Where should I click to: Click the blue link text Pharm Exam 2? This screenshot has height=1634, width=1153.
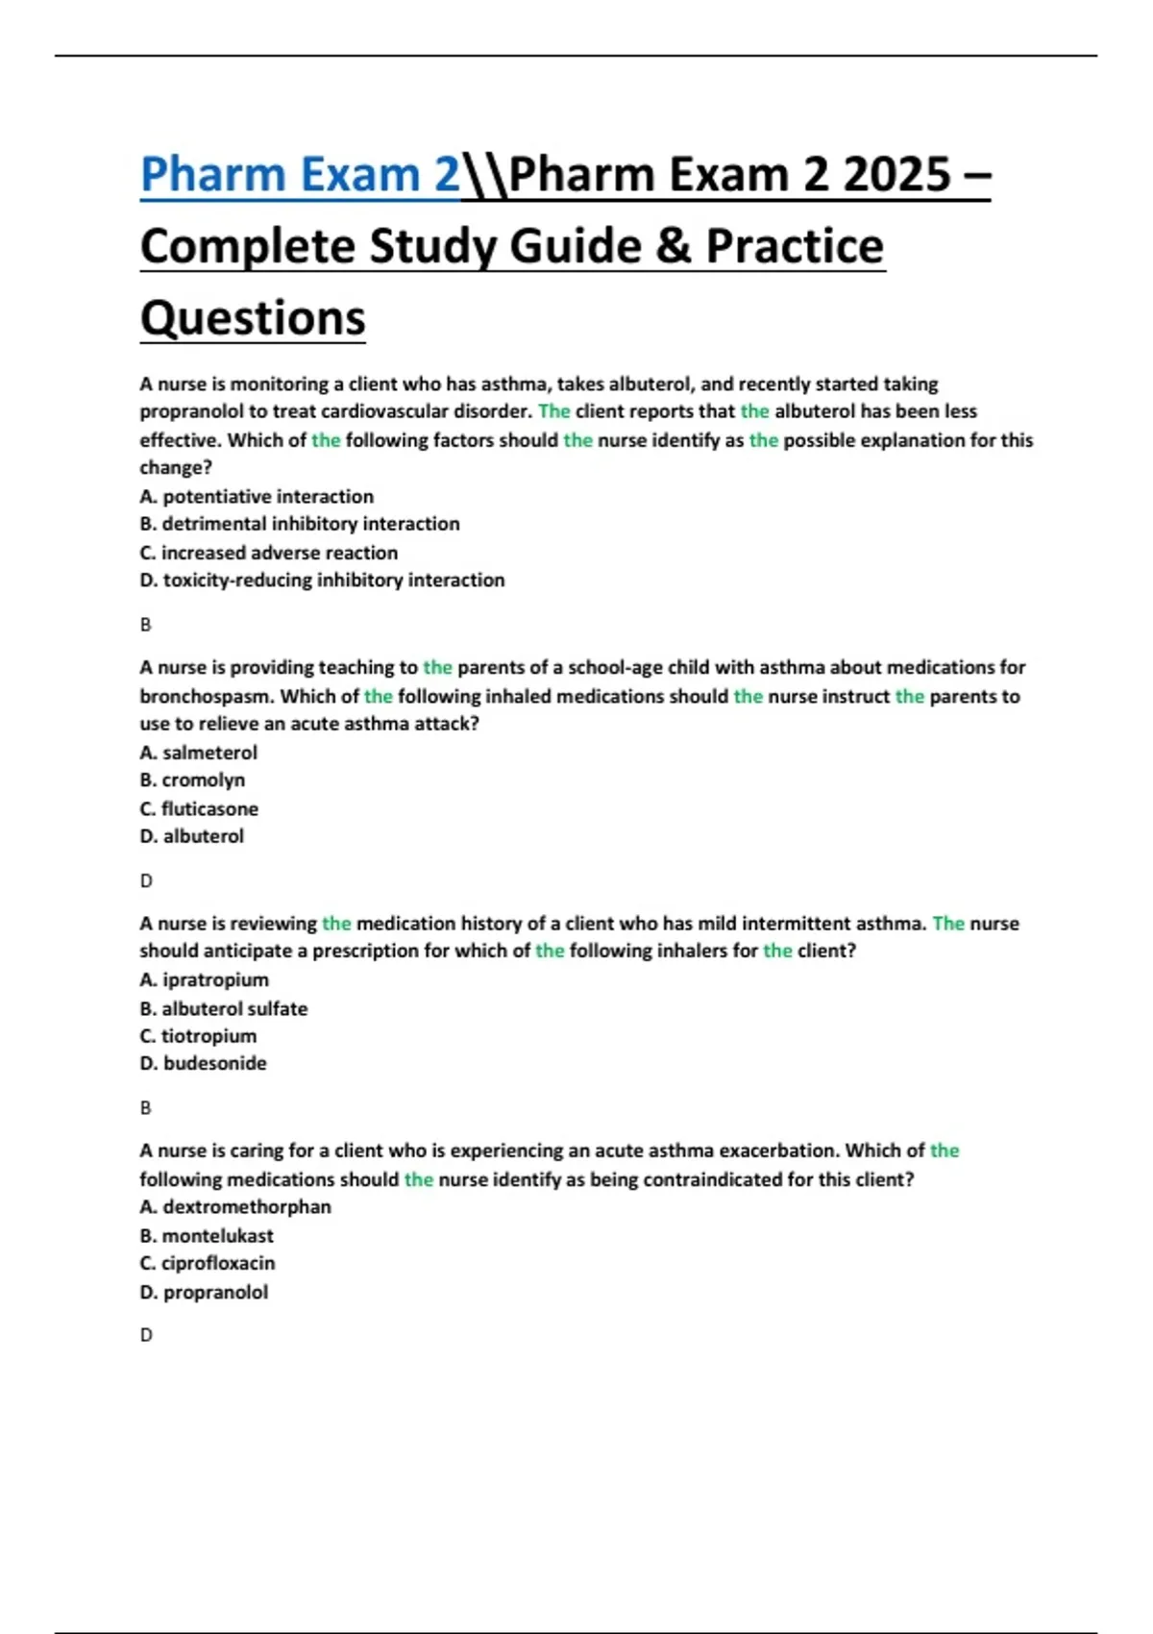coord(300,175)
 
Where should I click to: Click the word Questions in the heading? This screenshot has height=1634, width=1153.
coord(253,317)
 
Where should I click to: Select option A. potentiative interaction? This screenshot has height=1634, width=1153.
coord(257,496)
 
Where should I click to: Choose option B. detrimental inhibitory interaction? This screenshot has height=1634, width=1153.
coord(300,524)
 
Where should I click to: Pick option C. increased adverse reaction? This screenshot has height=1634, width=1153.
coord(269,553)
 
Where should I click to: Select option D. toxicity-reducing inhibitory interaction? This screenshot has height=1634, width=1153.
coord(322,581)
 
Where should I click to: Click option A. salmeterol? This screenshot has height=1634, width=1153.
coord(199,753)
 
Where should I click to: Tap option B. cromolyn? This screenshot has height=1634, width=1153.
coord(192,780)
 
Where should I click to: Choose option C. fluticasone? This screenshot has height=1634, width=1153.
coord(199,808)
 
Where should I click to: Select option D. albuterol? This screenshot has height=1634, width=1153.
coord(192,836)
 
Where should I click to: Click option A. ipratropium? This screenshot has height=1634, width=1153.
coord(205,979)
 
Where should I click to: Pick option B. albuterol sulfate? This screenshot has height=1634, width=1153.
coord(224,1008)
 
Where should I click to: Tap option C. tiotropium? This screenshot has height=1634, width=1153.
coord(198,1036)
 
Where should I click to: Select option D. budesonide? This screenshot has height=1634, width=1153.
coord(204,1063)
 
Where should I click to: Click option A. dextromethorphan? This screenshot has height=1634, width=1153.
coord(235,1206)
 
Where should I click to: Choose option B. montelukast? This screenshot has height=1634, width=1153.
coord(207,1235)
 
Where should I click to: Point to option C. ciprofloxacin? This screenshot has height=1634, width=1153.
coord(208,1263)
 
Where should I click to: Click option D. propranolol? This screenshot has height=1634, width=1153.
coord(204,1292)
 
